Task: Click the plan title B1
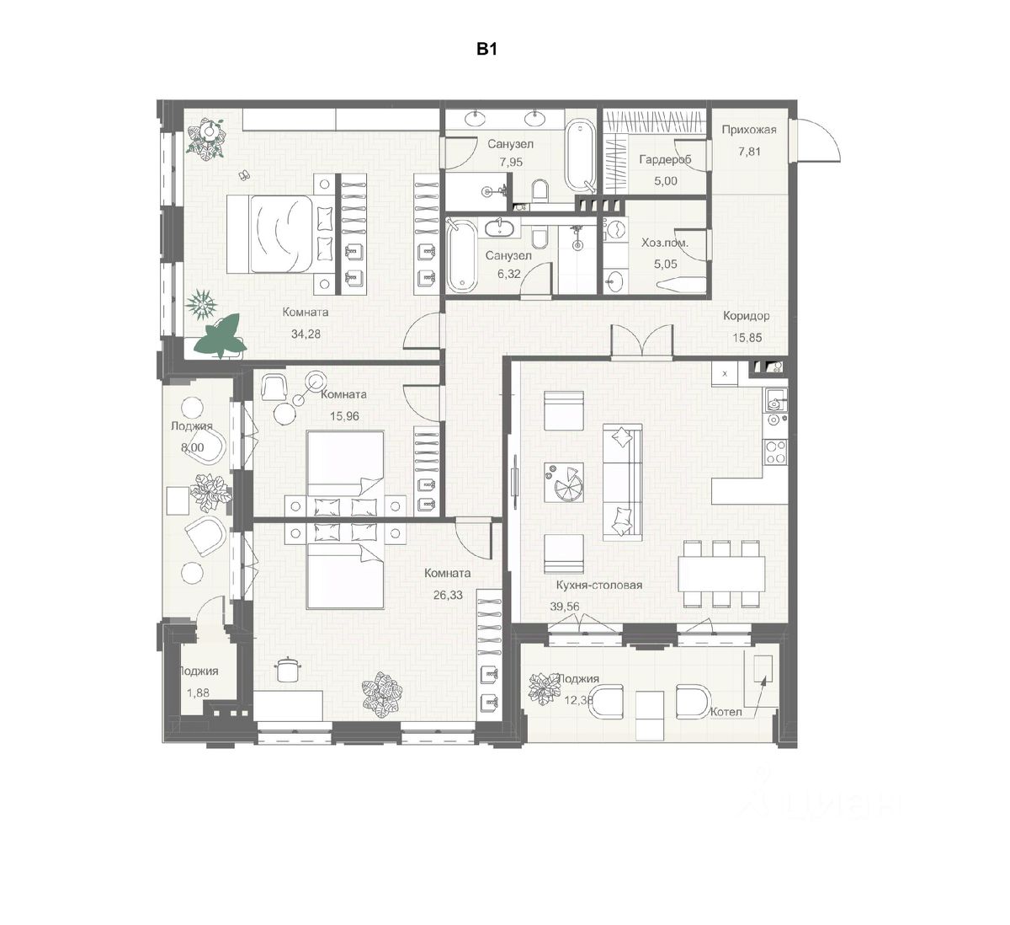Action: pos(488,50)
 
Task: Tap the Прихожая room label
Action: pos(749,130)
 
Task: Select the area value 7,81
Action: pos(749,152)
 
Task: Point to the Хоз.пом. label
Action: pos(664,243)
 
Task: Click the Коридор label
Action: pos(746,316)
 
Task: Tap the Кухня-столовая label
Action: pos(599,585)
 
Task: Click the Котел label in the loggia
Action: pos(726,712)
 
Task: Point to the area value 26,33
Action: pos(448,594)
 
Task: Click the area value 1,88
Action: pos(198,692)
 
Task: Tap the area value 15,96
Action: pos(343,414)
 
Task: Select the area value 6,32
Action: pos(508,272)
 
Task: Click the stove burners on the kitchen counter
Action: pos(775,452)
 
